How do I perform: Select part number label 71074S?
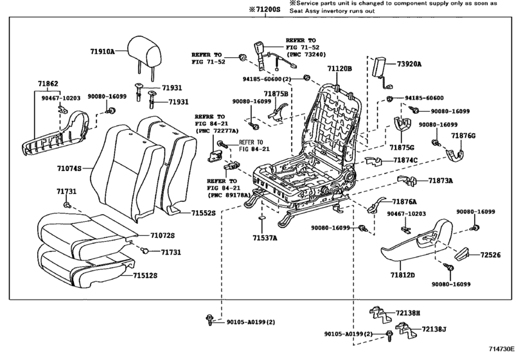pos(69,168)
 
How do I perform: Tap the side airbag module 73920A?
pos(379,67)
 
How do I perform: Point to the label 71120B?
pos(339,69)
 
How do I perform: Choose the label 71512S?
pos(145,276)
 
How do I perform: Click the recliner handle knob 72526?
pos(461,255)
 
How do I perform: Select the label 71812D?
pos(403,275)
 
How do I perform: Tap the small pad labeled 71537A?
pos(262,218)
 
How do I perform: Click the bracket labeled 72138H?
pos(378,314)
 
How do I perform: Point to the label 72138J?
pos(434,329)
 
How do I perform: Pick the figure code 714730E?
pos(501,349)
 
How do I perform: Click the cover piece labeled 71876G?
pos(454,155)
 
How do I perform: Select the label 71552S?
pos(204,213)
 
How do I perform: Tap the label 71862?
pos(48,84)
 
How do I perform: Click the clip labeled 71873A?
pos(407,180)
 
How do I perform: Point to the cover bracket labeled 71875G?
pos(402,124)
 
